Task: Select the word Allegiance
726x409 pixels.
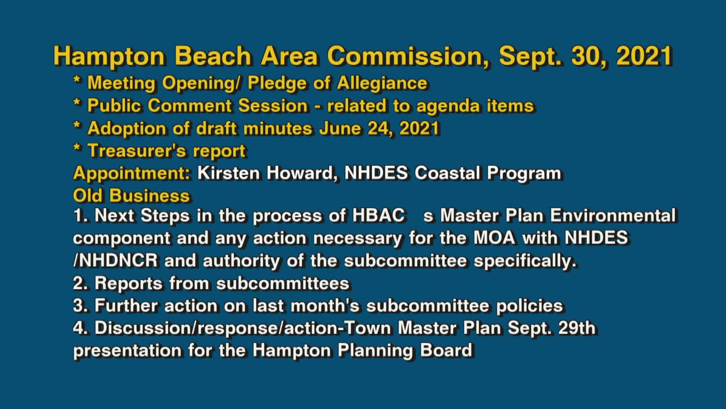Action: coord(382,83)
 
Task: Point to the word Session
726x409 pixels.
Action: coord(273,106)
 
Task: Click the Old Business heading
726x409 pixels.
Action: coord(131,196)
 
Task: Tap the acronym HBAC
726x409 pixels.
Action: coord(379,215)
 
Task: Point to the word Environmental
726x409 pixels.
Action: coord(613,215)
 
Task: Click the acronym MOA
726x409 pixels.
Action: coord(494,238)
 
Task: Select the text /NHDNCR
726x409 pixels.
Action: coord(115,261)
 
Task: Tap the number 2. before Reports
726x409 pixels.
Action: coord(81,283)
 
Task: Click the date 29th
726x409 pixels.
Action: coord(577,328)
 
